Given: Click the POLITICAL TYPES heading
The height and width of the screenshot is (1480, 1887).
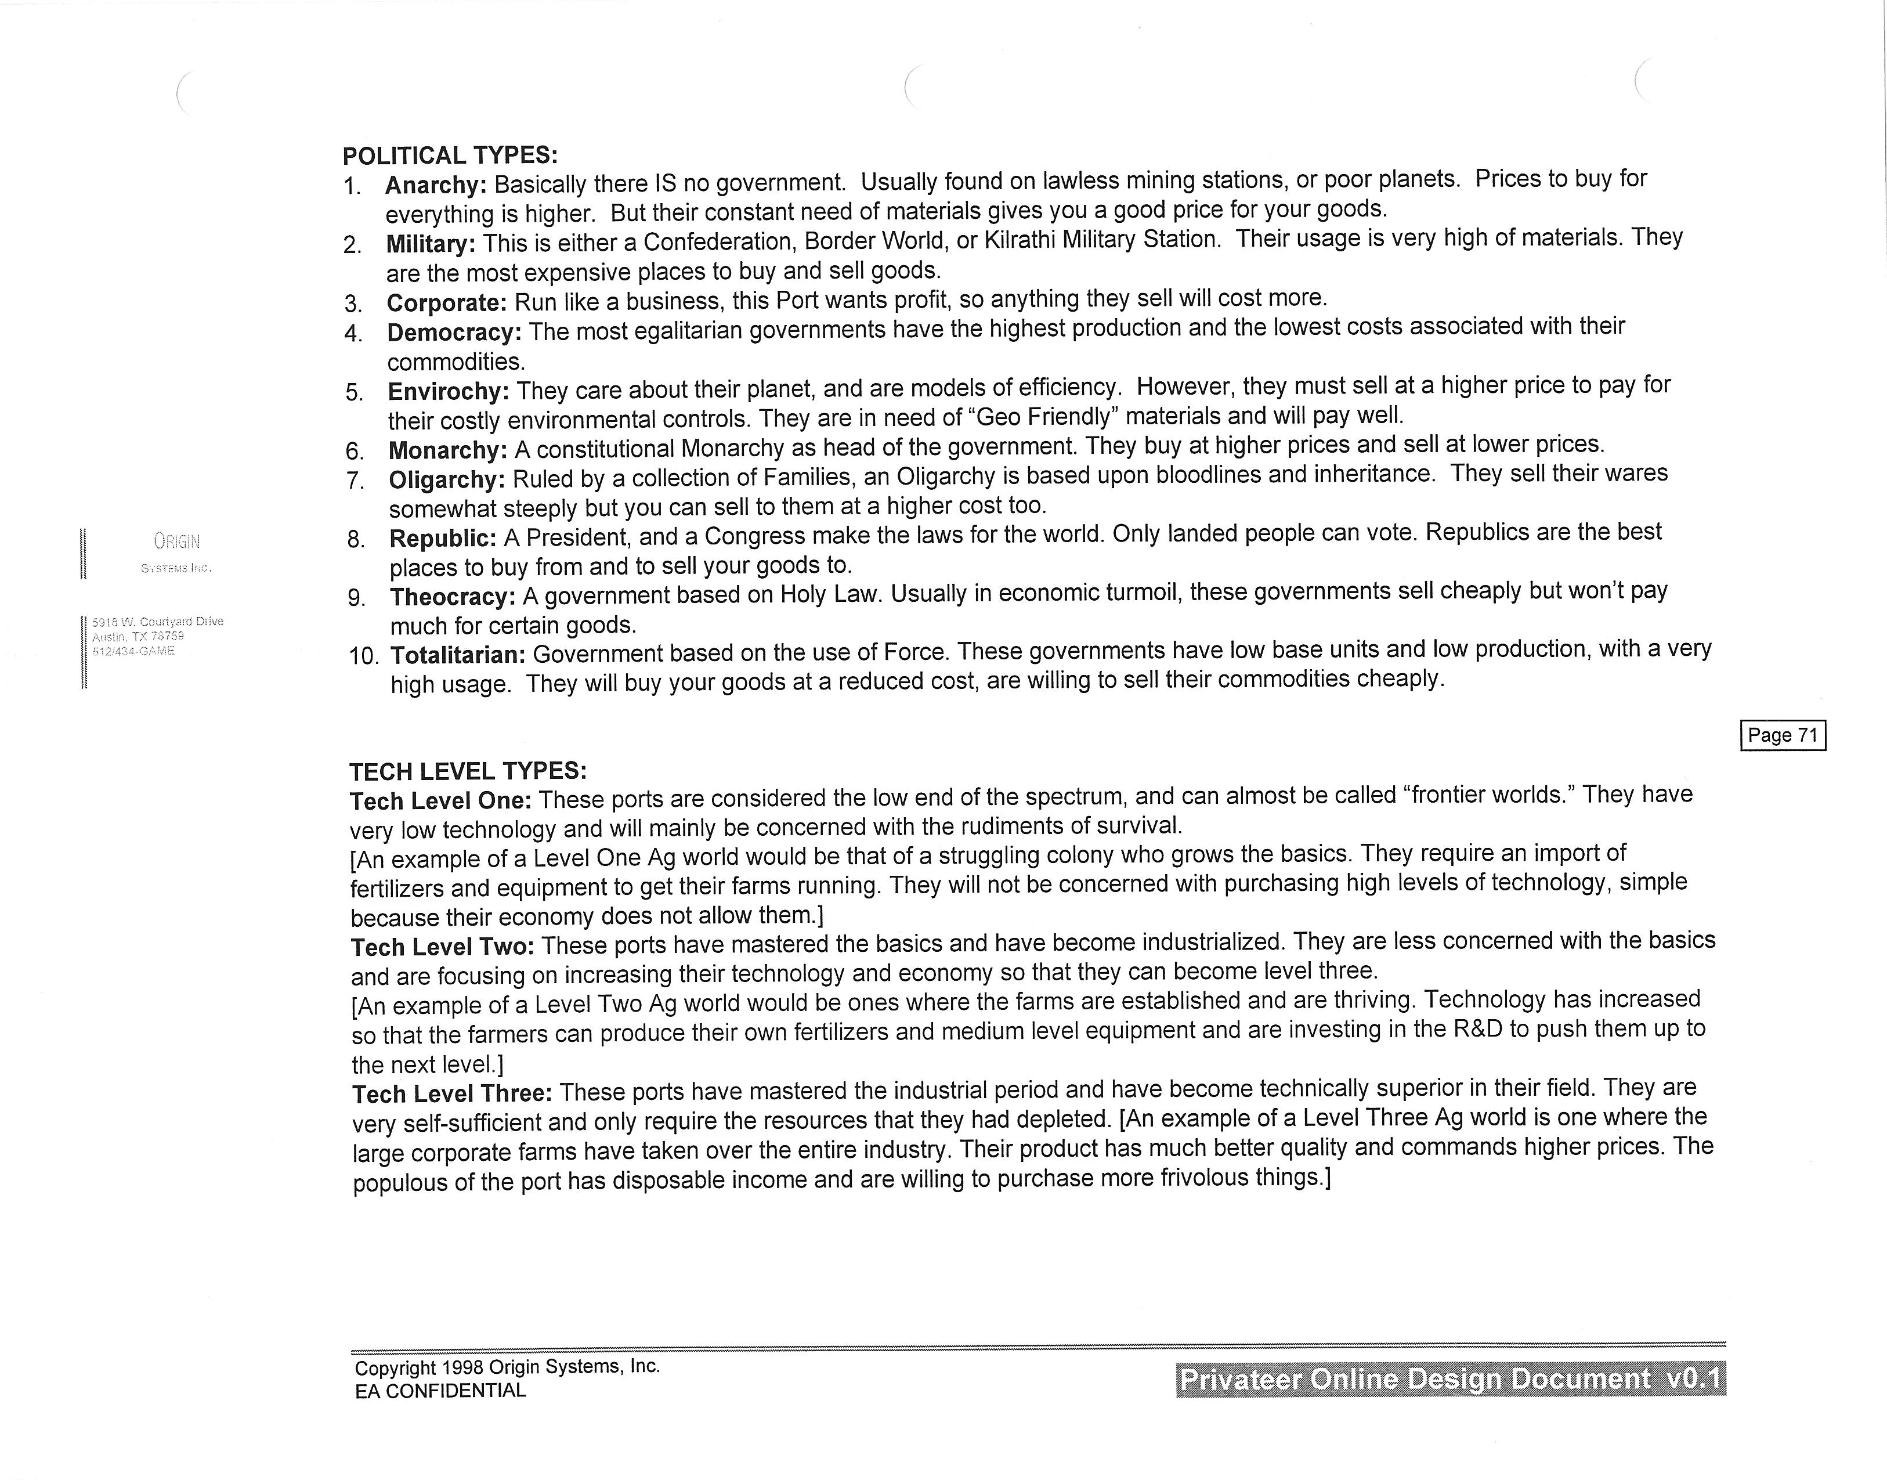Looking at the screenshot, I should (450, 156).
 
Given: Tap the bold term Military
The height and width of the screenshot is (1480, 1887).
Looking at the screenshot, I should (431, 244).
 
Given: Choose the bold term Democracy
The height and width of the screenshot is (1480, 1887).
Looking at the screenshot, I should (454, 333).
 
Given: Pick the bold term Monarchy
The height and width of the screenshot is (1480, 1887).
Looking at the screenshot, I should (447, 450).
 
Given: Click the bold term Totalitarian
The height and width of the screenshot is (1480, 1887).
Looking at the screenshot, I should (458, 655).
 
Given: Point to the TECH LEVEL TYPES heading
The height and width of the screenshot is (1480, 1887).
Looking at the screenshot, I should (468, 771).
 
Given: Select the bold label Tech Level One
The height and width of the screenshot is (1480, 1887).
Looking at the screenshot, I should (440, 801).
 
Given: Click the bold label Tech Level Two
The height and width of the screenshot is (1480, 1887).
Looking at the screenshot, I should (442, 947).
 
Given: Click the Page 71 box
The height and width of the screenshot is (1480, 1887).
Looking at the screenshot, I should (1782, 736).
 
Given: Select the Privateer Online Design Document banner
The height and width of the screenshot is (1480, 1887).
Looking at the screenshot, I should (1450, 1378).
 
